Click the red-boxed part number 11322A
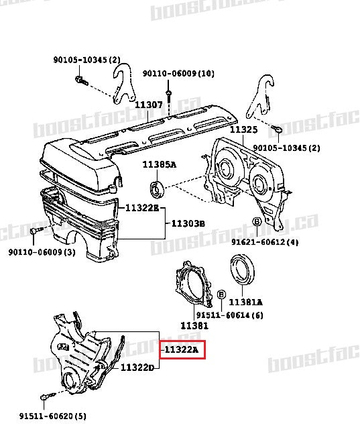point(182,349)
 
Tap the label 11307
point(148,105)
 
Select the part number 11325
point(243,129)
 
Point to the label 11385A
point(158,164)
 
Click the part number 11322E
point(141,208)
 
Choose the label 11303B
point(188,223)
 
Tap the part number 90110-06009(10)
point(178,73)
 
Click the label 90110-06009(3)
point(42,252)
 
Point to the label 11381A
point(247,302)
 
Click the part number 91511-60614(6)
point(225,315)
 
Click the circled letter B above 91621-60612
point(256,222)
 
